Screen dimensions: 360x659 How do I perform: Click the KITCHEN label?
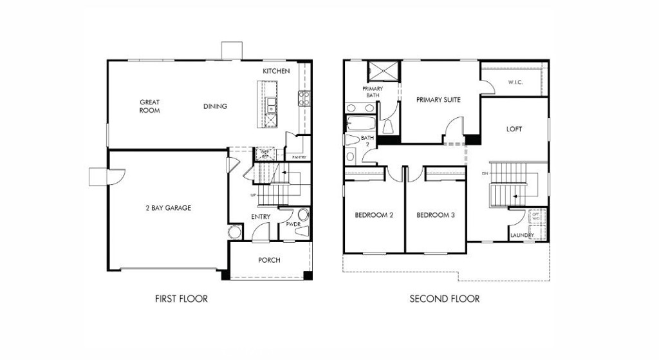[276, 71]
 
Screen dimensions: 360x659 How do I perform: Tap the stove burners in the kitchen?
[303, 97]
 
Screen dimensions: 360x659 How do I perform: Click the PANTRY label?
[299, 157]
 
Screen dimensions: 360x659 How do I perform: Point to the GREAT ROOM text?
[149, 106]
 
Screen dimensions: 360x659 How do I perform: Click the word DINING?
[215, 106]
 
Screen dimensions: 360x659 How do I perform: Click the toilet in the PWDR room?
[303, 216]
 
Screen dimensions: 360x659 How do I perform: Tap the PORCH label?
[269, 260]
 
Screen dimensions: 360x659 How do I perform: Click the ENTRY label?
[261, 217]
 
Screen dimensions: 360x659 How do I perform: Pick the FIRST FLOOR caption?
[181, 299]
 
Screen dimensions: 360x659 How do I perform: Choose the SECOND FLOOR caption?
[445, 299]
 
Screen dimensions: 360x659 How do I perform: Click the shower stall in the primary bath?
[383, 71]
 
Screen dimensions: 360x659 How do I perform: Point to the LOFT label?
[514, 129]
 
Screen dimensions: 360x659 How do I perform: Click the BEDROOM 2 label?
[374, 215]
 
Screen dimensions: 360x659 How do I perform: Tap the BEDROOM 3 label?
[436, 215]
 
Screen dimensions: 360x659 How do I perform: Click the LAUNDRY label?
[522, 236]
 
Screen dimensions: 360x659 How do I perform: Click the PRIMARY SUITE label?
[438, 100]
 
